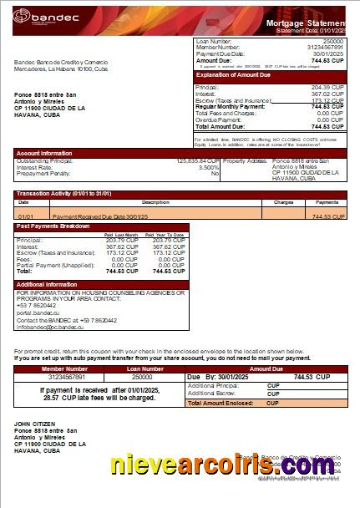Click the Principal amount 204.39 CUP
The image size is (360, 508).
327,87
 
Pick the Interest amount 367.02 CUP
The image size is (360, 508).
327,94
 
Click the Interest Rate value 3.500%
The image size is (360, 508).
209,167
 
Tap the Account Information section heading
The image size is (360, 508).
44,153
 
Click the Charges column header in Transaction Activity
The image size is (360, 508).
283,202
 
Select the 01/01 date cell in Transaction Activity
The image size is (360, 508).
25,216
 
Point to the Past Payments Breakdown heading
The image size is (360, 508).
53,226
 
